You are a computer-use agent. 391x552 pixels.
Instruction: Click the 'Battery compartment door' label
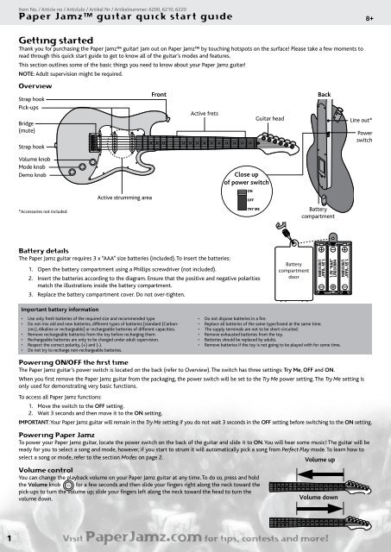click(293, 267)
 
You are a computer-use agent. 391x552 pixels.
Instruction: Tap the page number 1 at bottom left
click(8, 538)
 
